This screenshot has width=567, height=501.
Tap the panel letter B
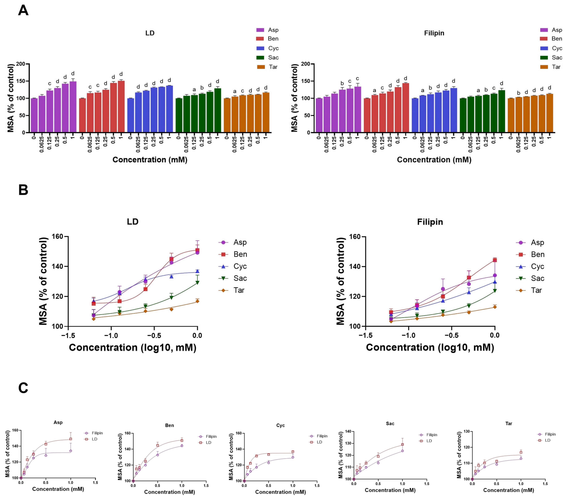(x=23, y=190)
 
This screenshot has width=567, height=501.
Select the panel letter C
(x=23, y=388)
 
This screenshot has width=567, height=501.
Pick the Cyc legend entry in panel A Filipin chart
(x=551, y=48)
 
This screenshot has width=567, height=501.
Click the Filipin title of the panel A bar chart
(x=434, y=33)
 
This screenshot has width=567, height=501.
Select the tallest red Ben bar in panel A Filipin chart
(x=406, y=108)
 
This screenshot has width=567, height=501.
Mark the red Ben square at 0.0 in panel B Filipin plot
(x=495, y=260)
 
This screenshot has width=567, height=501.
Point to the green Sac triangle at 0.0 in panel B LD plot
(x=197, y=283)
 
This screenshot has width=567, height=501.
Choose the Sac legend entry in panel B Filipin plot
(x=530, y=278)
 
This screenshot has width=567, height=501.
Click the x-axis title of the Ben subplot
(x=169, y=492)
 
